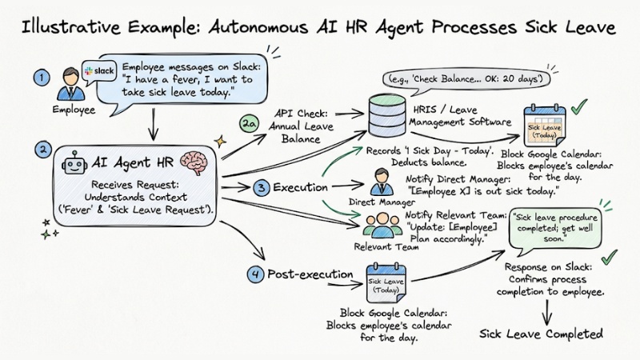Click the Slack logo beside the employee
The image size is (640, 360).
pos(100,70)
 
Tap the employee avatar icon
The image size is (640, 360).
pos(68,82)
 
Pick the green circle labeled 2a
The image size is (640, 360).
pos(249,126)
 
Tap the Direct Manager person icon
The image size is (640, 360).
pos(380,183)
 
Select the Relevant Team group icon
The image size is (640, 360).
pos(382,223)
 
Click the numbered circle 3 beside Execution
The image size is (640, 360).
pos(261,189)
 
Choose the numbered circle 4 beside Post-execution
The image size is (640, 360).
pos(255,275)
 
